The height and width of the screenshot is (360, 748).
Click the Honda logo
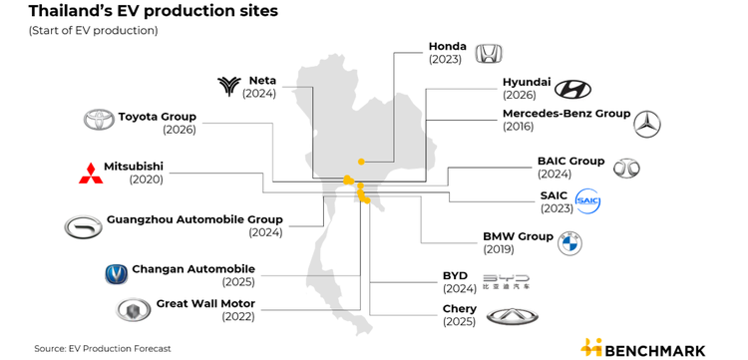pos(490,54)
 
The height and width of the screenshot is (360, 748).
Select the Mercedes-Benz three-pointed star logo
pos(647,124)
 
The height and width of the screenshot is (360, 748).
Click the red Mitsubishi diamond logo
pos(91,174)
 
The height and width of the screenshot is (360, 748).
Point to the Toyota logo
pos(99,120)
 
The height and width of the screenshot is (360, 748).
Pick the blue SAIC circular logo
pos(588,201)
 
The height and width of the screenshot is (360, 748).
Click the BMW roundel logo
pos(569,243)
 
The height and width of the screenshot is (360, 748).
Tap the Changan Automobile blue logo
pos(117,274)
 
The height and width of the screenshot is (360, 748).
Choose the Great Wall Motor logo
pos(133,310)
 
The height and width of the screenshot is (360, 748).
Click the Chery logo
pos(513,316)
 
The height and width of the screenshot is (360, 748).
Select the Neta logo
pos(229,86)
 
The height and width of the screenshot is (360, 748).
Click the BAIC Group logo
pos(626,169)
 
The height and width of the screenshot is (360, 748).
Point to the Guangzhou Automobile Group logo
pos(84,227)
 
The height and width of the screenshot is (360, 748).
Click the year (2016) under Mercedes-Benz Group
pos(518,127)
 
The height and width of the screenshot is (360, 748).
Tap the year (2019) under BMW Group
pos(499,249)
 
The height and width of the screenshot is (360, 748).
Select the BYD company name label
pos(455,276)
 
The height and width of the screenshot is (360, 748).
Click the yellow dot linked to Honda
pos(362,162)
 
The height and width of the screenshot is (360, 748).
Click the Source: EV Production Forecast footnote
pos(102,349)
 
